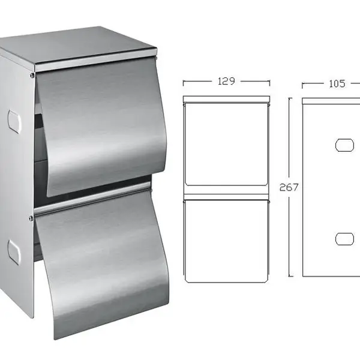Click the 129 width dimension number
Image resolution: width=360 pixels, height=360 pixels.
226,81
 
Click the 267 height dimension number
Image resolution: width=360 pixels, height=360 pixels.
289,187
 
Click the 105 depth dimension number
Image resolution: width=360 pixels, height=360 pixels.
337,83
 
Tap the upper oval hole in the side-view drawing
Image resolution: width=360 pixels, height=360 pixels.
344,145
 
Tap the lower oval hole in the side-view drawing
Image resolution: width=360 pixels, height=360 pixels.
344,239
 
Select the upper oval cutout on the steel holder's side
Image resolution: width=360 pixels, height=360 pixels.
14,121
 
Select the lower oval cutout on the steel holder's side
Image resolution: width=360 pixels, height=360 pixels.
14,253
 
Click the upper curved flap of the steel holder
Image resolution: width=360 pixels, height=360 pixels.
101,128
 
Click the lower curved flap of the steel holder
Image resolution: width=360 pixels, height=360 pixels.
103,264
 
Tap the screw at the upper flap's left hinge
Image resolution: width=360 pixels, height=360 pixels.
32,75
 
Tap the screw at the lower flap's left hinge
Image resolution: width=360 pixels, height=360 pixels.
31,218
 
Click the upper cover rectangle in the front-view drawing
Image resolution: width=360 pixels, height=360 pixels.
226,144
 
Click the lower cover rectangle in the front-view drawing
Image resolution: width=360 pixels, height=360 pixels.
226,241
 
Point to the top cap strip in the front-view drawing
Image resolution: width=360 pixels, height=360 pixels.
226,99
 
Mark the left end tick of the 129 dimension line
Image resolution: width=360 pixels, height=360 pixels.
183,83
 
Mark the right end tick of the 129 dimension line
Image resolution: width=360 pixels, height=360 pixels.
270,83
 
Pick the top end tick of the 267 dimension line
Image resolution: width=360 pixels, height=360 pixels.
290,98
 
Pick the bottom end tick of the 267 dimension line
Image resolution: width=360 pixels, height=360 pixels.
290,276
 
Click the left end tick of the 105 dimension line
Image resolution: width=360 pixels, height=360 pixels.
302,85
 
